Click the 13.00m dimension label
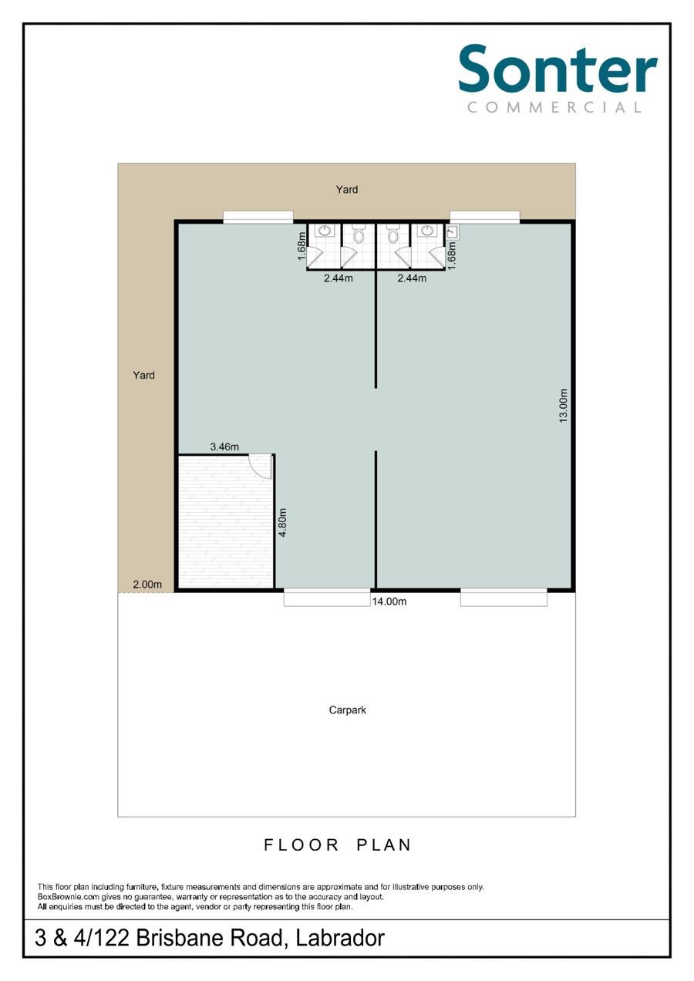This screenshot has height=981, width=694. click(563, 406)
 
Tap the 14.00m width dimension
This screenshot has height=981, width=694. click(389, 602)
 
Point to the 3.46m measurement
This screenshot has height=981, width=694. click(224, 447)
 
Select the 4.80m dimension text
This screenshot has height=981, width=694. click(283, 522)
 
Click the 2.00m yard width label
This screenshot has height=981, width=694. click(147, 585)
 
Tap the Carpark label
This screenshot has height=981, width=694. click(347, 710)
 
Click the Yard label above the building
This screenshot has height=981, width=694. click(347, 190)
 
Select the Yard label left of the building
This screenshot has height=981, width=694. click(143, 376)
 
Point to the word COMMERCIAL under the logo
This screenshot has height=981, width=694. click(554, 107)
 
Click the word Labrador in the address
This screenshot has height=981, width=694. click(340, 938)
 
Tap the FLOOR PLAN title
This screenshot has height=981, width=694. click(338, 845)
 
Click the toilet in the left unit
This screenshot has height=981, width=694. click(359, 234)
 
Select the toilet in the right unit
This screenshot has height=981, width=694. click(392, 234)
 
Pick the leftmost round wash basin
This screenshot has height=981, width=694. click(325, 231)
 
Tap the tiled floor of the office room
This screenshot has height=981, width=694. click(225, 521)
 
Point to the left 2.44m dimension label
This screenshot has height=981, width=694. click(338, 278)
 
